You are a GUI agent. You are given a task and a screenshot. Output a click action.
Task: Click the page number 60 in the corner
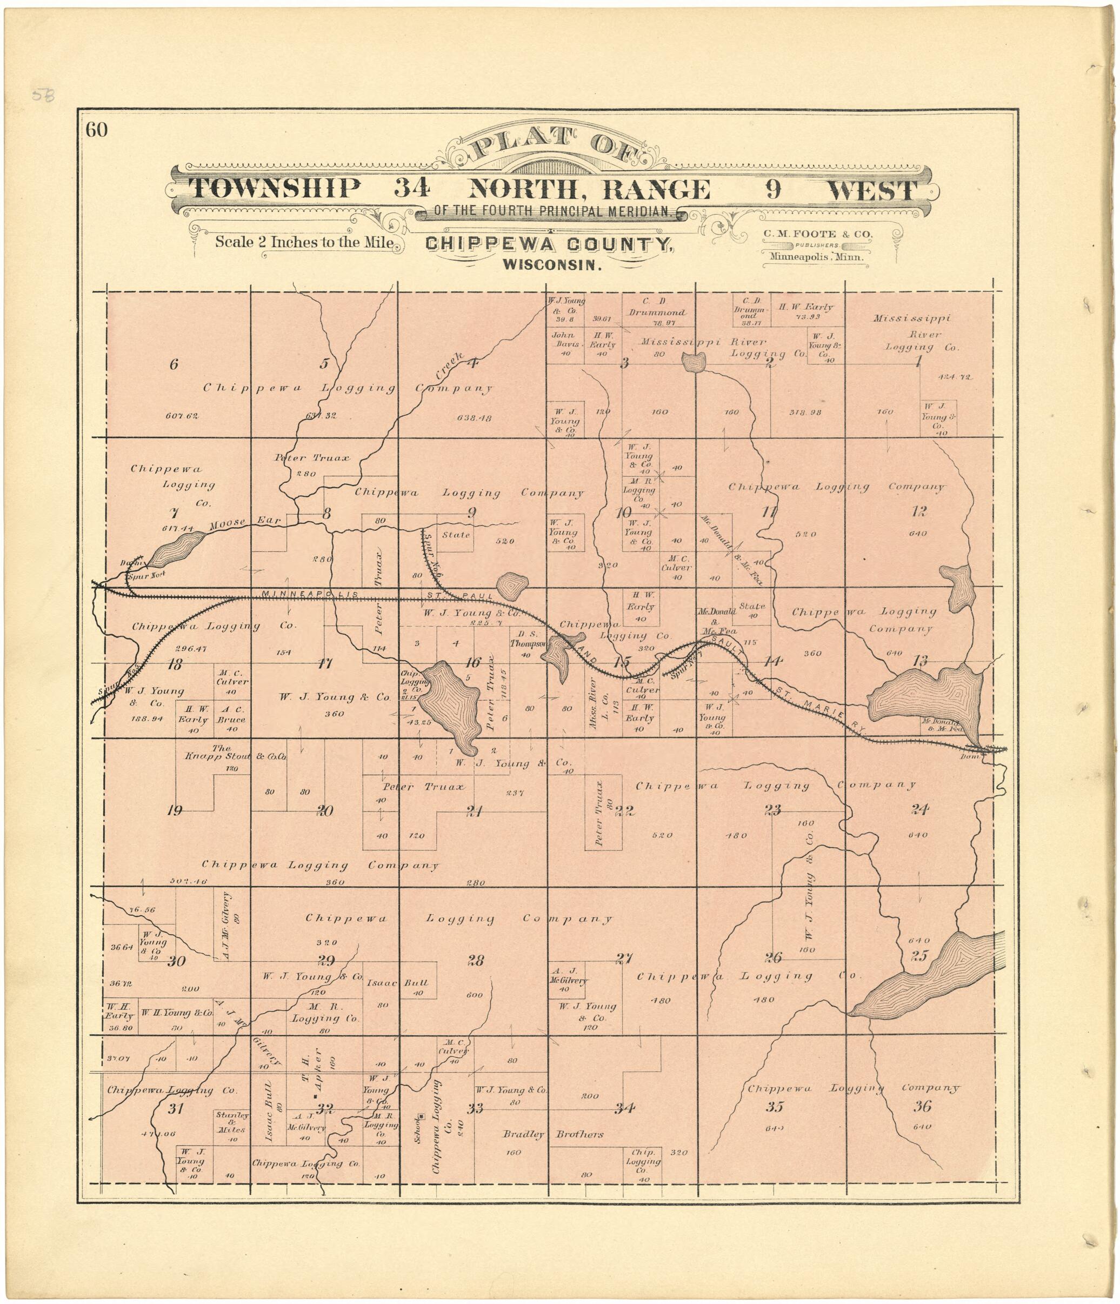click(97, 130)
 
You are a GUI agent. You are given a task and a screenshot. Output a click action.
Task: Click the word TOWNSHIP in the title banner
click(276, 189)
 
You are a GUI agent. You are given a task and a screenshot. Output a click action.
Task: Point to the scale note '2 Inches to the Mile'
click(304, 242)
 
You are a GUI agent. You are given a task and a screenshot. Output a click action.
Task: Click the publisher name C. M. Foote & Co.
click(818, 234)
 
